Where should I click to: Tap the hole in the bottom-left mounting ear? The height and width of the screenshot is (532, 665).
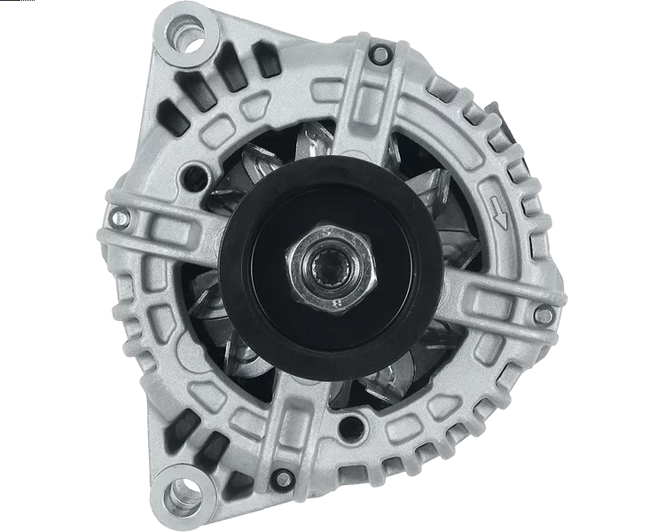pos(184,492)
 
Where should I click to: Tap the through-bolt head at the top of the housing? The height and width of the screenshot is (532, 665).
pos(379,55)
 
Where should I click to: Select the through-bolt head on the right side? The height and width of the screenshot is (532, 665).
pos(544,314)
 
